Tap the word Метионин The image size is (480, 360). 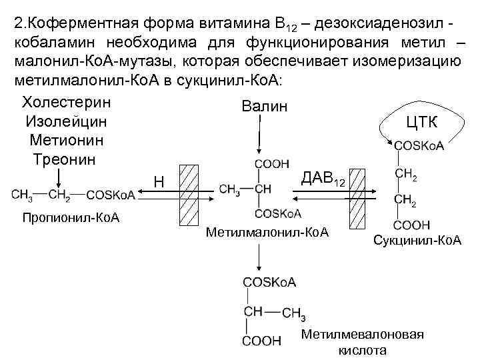[66, 141]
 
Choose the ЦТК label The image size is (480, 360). [421, 121]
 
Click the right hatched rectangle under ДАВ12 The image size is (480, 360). [359, 195]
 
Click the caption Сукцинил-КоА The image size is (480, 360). [417, 239]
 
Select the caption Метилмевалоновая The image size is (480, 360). [362, 335]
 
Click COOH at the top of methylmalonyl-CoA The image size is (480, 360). [271, 163]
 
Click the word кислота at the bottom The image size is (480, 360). [363, 350]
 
